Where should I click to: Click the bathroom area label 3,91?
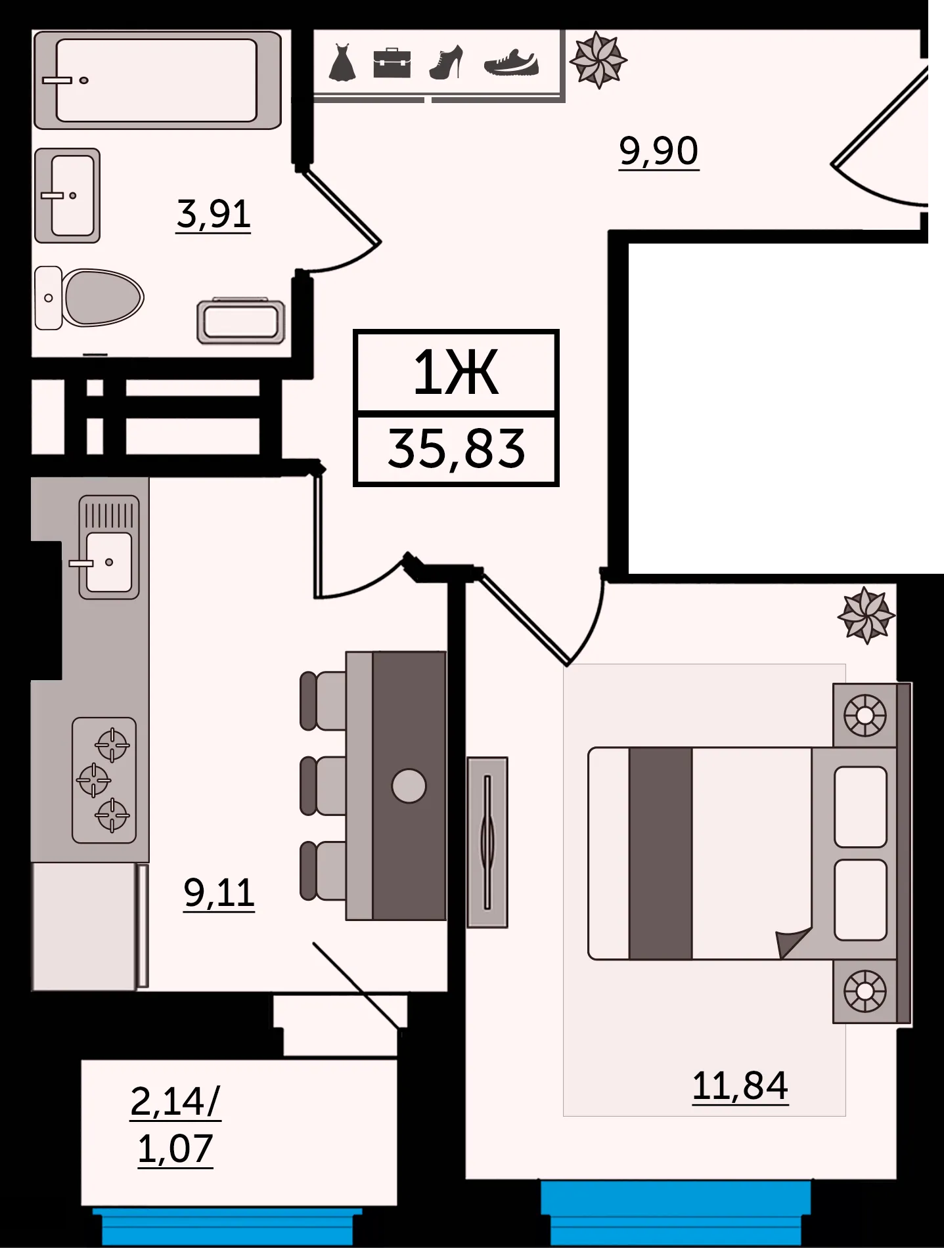(214, 214)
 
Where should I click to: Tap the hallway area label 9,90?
(659, 152)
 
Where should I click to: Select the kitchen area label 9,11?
(219, 893)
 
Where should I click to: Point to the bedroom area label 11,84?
(740, 1086)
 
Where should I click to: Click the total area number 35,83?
(457, 449)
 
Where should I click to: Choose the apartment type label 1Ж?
(456, 372)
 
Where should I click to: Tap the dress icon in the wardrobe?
(342, 63)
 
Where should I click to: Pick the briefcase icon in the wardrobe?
(392, 63)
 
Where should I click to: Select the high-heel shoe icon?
(447, 63)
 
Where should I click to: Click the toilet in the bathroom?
(89, 298)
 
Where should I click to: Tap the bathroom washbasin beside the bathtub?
(67, 196)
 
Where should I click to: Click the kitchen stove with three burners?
(104, 780)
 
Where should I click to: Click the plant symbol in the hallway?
(598, 60)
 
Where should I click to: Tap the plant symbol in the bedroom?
(866, 616)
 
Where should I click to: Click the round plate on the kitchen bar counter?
(409, 786)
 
